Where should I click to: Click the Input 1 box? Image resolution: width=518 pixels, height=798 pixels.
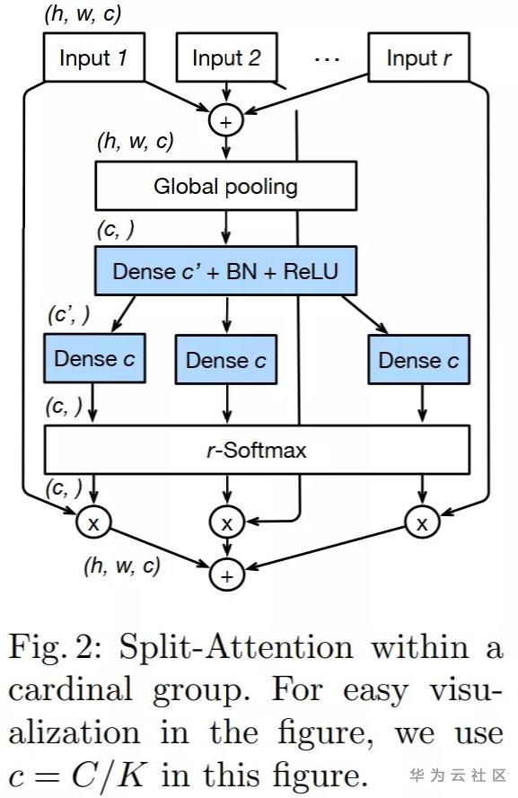click(94, 57)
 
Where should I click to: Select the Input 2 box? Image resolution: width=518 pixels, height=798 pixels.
click(226, 57)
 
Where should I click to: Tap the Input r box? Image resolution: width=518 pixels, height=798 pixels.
click(418, 57)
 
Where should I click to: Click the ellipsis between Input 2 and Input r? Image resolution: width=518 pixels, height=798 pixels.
click(327, 59)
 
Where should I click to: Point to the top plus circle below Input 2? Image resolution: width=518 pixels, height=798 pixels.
click(226, 120)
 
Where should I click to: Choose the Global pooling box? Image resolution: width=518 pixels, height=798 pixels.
click(226, 186)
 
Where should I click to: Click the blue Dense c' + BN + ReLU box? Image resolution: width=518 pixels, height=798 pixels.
click(226, 271)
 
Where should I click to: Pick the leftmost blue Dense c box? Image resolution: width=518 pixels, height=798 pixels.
click(94, 358)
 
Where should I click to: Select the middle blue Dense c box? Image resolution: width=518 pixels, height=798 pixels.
click(226, 359)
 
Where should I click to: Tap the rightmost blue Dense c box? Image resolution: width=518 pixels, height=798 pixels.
click(418, 359)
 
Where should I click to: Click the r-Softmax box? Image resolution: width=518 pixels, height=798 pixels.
click(257, 450)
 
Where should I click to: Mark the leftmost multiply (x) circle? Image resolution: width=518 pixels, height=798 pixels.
click(93, 522)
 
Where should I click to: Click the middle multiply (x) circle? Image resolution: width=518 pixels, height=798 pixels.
click(227, 522)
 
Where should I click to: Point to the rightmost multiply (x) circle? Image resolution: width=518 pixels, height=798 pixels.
click(422, 522)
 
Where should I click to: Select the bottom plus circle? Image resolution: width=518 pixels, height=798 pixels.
click(227, 575)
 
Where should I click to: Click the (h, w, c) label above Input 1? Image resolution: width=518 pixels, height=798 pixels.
click(83, 13)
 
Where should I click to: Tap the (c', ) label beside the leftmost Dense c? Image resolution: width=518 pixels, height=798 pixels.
click(69, 315)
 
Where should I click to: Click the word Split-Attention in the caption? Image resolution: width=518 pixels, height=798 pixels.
click(235, 648)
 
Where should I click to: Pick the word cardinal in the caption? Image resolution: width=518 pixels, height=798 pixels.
click(71, 689)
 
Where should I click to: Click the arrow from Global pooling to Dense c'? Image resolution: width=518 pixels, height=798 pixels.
click(226, 228)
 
